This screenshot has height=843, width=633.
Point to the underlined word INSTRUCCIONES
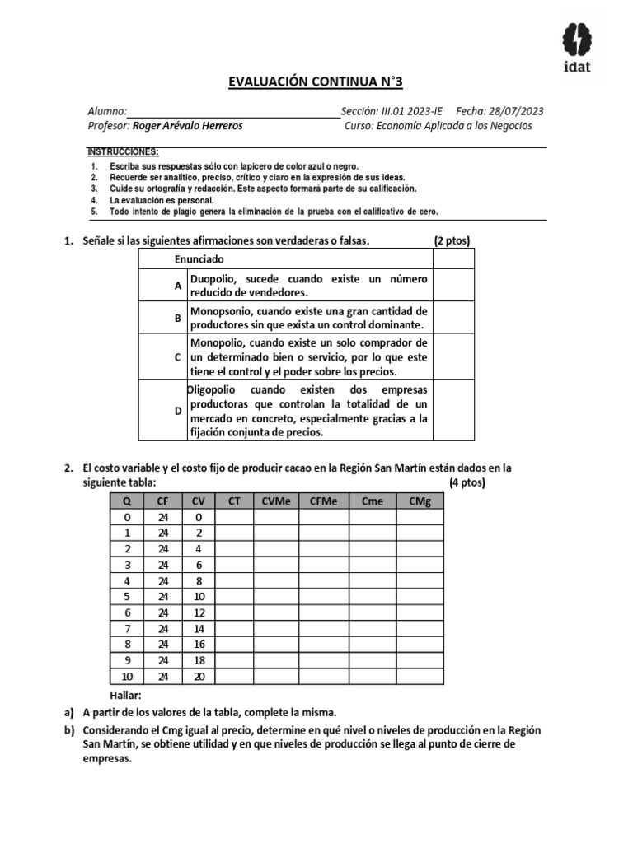pos(123,153)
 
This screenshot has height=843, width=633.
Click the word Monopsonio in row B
pos(223,311)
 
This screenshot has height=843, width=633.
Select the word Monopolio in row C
pos(219,342)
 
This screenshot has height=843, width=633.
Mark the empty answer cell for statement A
pos(453,286)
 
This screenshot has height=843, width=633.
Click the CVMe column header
pos(276,501)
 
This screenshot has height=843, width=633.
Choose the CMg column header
pos(420,501)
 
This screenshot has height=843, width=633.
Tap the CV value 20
pos(198,677)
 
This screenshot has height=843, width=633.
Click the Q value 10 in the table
pos(127,677)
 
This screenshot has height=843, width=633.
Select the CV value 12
pos(198,613)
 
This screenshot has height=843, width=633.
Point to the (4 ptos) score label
pos(468,482)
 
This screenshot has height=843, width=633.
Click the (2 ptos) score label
pos(452,240)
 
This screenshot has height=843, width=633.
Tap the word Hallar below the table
pos(126,696)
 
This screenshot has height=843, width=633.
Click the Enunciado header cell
pos(199,258)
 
